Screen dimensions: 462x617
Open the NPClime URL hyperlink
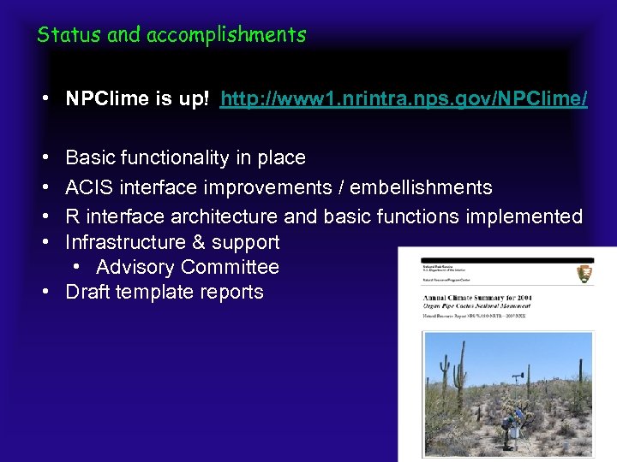pyautogui.click(x=404, y=100)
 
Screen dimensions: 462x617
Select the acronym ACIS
pyautogui.click(x=89, y=187)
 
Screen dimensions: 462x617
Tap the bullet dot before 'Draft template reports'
pyautogui.click(x=43, y=292)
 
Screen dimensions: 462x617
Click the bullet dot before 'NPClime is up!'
pyautogui.click(x=43, y=100)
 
